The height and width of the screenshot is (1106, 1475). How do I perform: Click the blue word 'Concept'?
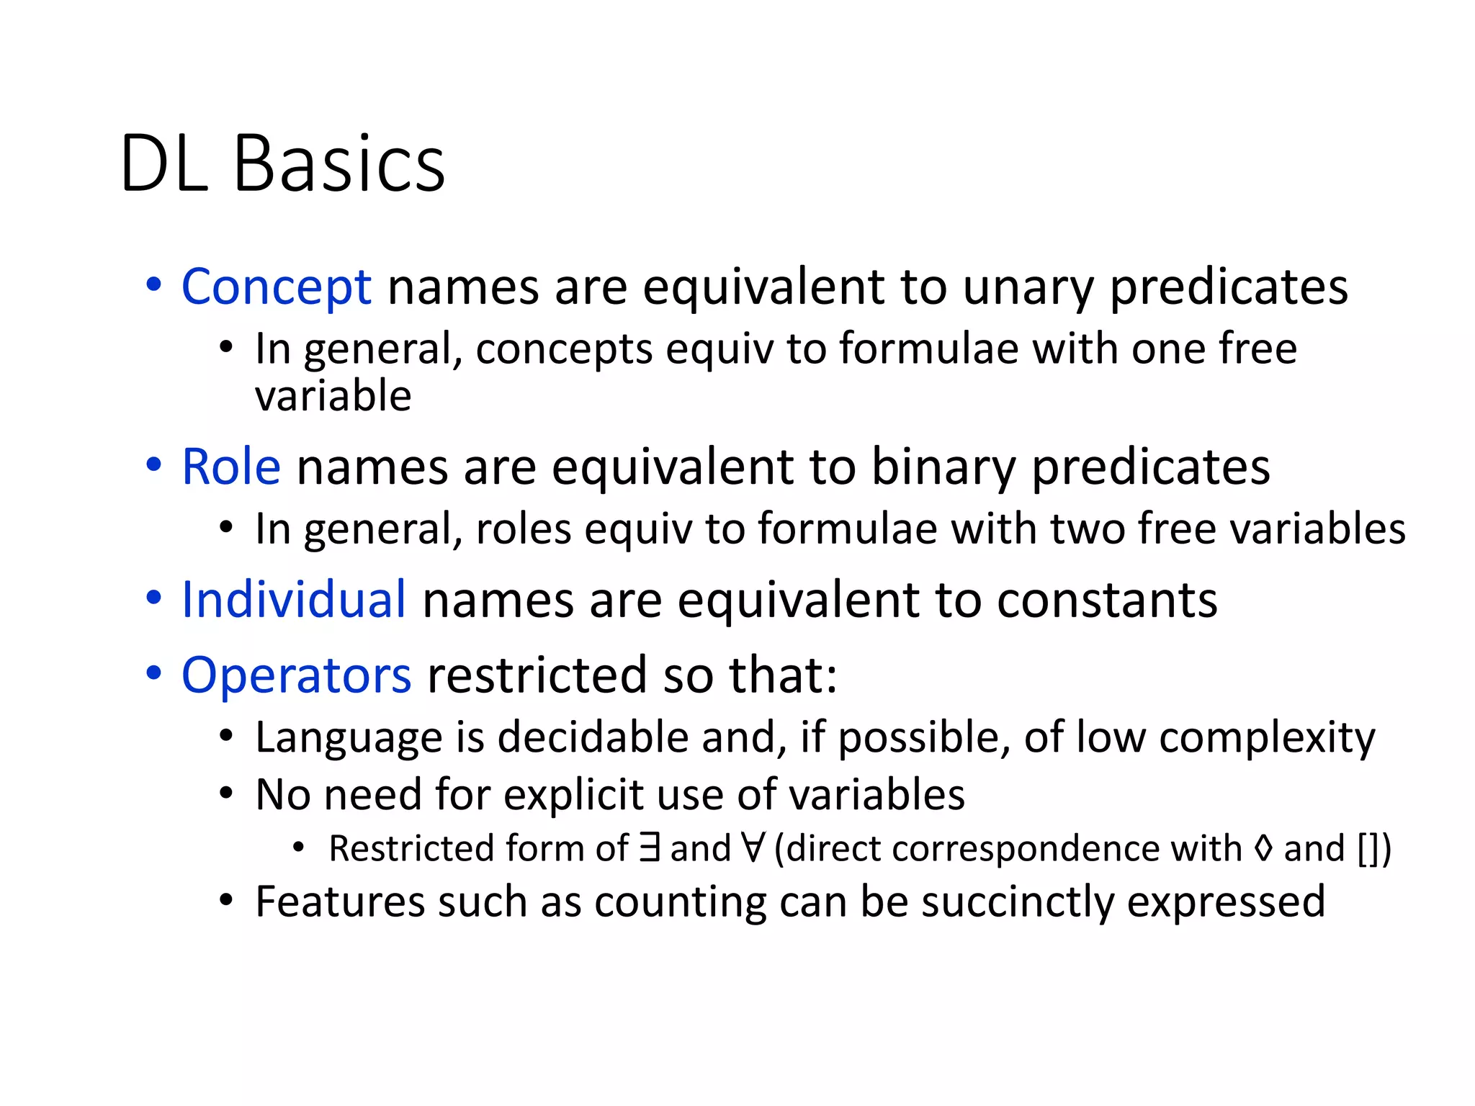(276, 287)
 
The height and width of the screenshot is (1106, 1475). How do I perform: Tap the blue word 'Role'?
(230, 467)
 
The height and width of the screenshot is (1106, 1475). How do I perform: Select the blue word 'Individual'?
(293, 600)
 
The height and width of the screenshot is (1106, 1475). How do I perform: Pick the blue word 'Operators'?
(296, 675)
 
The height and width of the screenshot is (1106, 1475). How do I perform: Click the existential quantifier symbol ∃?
(650, 848)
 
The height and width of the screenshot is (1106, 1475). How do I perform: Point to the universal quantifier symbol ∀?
(753, 848)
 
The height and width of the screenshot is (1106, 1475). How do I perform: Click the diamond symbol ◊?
(1263, 848)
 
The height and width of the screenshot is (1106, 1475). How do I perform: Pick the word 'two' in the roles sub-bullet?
(1089, 529)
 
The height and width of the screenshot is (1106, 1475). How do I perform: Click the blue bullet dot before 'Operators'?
(153, 673)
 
